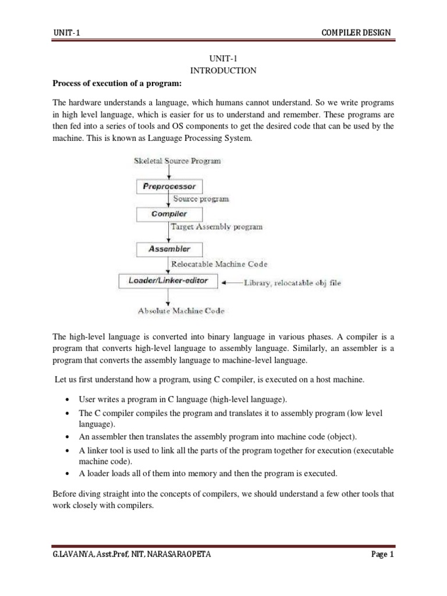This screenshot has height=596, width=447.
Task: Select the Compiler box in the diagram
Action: click(x=169, y=214)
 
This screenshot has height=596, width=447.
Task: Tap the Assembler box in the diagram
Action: click(x=169, y=249)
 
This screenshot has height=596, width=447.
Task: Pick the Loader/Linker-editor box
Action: click(x=168, y=281)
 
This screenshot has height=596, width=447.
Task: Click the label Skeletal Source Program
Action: click(x=177, y=161)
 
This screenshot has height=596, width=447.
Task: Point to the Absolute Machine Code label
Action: click(x=180, y=311)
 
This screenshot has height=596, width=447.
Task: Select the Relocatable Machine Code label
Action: click(x=219, y=264)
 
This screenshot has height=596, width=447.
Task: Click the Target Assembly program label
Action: click(x=217, y=226)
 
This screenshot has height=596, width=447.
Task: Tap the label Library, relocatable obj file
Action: click(x=292, y=283)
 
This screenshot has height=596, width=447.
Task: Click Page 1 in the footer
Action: click(x=382, y=555)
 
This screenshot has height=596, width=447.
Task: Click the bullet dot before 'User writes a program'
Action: click(x=69, y=401)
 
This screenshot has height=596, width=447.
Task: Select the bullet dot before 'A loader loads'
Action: click(x=69, y=473)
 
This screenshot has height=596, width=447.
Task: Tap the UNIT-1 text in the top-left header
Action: click(x=66, y=32)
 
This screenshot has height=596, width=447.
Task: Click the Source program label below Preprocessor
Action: click(x=201, y=199)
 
